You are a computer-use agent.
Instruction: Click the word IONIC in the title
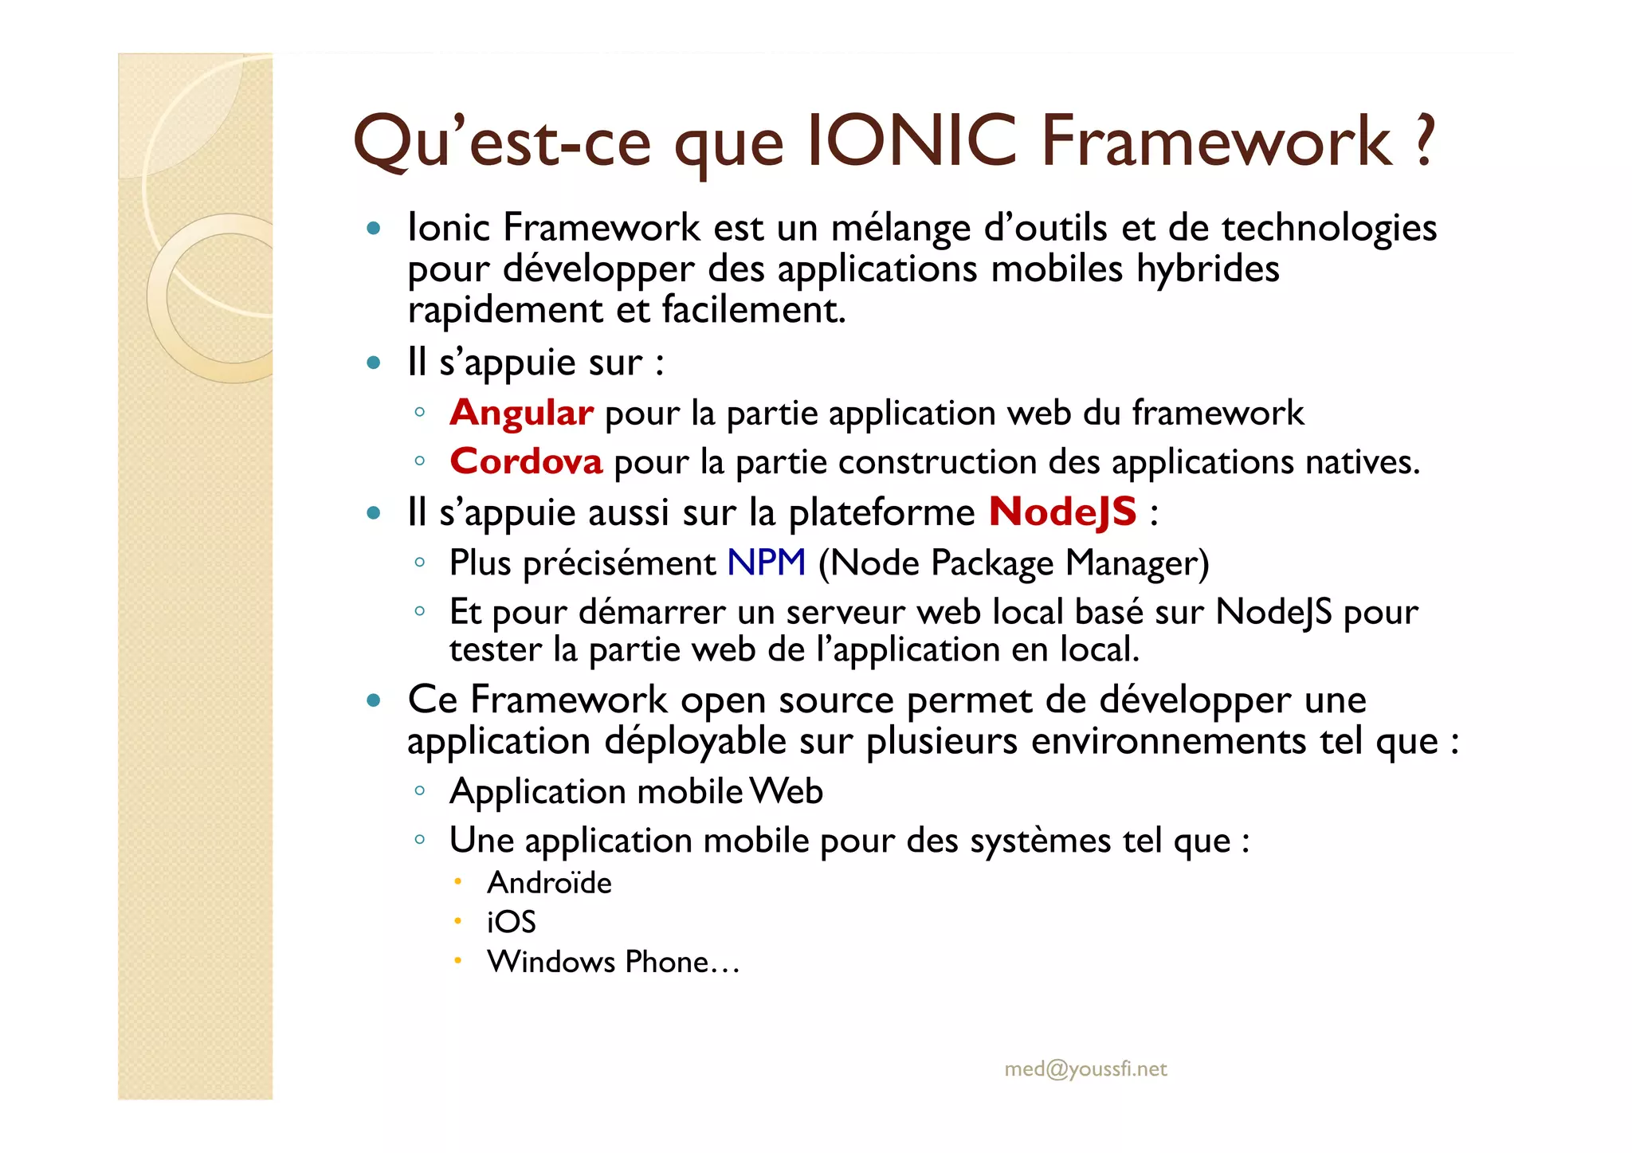pyautogui.click(x=912, y=141)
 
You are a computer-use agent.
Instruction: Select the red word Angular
pyautogui.click(x=521, y=413)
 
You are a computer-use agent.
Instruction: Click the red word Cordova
pyautogui.click(x=526, y=461)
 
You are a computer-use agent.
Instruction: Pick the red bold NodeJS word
pyautogui.click(x=1062, y=512)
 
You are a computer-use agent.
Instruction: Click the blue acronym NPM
pyautogui.click(x=766, y=563)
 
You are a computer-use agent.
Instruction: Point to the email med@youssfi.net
pyautogui.click(x=1085, y=1069)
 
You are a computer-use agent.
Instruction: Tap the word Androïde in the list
pyautogui.click(x=549, y=883)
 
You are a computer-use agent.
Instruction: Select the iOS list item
pyautogui.click(x=511, y=923)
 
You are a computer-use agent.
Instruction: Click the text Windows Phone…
pyautogui.click(x=614, y=962)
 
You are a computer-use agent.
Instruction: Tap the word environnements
pyautogui.click(x=1169, y=741)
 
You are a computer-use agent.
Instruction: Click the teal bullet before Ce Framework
pyautogui.click(x=374, y=701)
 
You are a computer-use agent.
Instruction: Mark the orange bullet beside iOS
pyautogui.click(x=457, y=921)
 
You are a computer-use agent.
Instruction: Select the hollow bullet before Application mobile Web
pyautogui.click(x=419, y=791)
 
